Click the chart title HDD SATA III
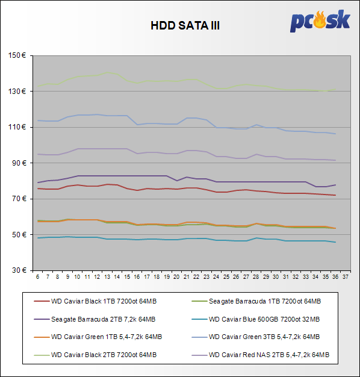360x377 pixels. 185,25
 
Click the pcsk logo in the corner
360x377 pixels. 320,21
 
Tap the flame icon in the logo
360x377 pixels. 320,19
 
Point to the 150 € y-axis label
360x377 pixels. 17,55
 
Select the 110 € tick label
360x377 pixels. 17,127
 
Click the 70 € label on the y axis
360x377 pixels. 19,199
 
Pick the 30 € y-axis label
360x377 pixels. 19,270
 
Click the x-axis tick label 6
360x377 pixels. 37,277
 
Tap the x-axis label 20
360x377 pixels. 176,277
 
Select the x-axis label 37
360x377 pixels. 346,277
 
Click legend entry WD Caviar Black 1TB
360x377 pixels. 95,301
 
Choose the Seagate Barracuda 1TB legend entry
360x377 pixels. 256,301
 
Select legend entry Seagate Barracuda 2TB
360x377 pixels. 95,319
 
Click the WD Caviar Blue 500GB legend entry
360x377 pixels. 256,319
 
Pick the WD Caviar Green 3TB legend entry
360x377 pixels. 256,337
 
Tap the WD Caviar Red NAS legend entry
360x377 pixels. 261,355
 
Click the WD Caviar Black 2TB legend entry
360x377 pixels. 95,355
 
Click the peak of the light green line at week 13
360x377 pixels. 107,72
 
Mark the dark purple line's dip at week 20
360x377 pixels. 176,181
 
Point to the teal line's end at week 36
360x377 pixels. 335,242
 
